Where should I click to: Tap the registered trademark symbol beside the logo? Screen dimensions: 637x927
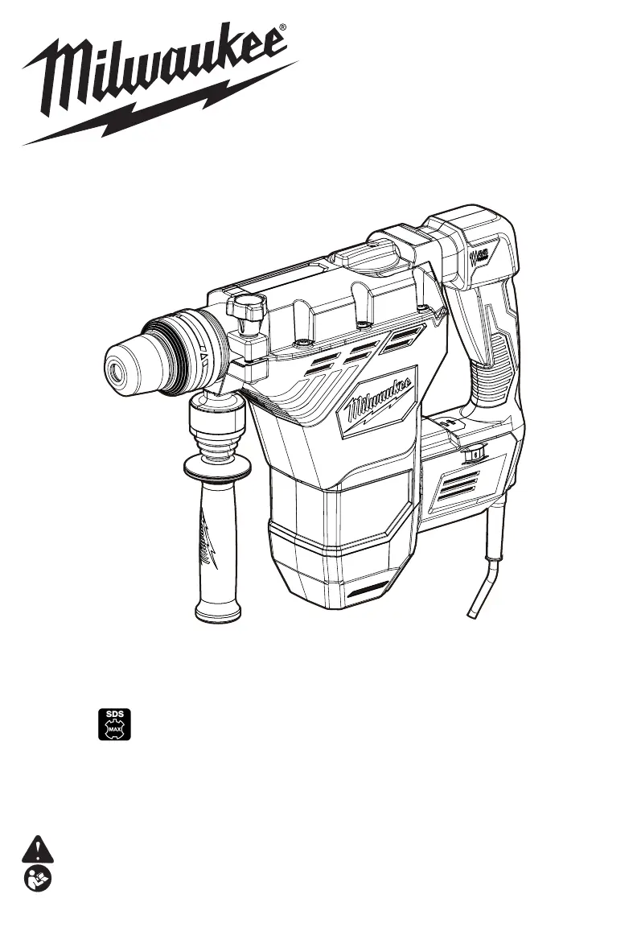[282, 27]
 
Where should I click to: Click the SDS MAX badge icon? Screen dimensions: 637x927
[114, 724]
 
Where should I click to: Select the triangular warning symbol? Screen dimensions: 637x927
[37, 849]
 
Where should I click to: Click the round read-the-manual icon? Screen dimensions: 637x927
[38, 879]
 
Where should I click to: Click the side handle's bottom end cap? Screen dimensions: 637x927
[218, 612]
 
